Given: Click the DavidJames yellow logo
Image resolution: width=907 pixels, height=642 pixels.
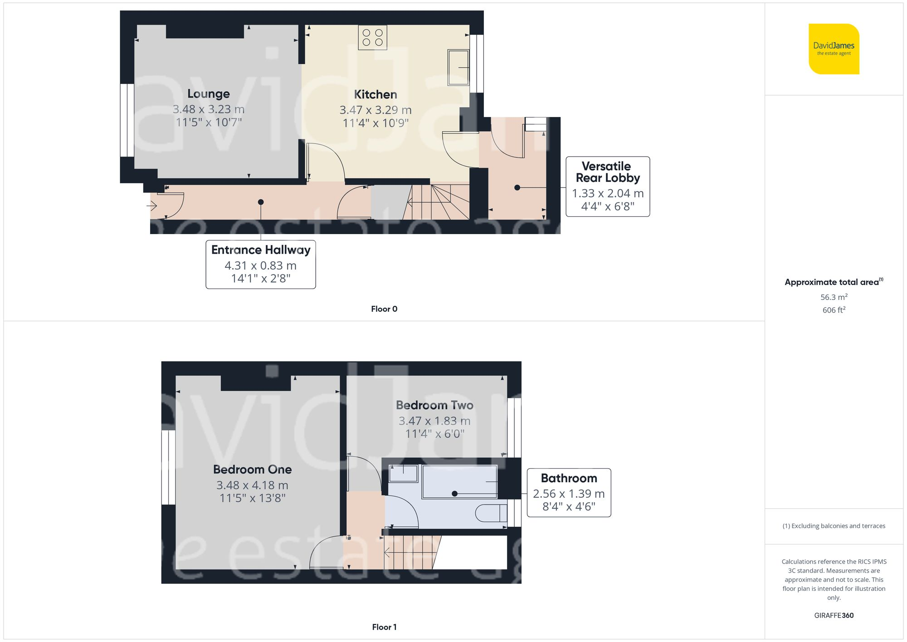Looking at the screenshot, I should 834,49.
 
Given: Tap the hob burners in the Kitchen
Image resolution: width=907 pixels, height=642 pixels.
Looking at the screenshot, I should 372,38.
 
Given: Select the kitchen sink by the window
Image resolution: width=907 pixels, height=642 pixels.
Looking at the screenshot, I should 458,68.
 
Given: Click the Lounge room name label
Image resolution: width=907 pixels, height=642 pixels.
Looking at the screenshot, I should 209,94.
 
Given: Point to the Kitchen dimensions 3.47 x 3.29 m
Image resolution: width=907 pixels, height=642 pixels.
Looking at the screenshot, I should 375,110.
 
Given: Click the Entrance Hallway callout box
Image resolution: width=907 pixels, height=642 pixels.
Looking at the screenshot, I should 261,264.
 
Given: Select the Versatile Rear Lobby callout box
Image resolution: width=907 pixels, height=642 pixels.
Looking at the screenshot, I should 608,186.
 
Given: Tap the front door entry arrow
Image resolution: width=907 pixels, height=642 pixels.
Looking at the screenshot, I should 152,206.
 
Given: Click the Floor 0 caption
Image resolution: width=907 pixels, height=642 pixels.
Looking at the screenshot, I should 384,309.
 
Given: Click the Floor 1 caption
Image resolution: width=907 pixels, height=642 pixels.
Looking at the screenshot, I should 384,627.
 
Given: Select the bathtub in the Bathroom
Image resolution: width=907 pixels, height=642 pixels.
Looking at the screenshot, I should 460,481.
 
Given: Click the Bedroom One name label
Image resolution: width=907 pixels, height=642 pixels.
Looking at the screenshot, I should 253,470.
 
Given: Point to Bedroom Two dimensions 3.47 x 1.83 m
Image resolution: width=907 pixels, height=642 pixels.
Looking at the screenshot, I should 434,421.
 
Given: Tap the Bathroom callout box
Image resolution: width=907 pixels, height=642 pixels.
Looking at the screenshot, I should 569,493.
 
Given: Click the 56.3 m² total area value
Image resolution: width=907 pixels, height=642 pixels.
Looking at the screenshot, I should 834,297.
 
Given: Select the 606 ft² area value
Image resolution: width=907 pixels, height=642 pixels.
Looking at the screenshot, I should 834,310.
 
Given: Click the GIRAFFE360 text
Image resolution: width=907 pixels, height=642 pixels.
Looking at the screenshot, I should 834,616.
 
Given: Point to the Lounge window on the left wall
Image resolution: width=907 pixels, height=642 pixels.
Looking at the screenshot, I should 127,120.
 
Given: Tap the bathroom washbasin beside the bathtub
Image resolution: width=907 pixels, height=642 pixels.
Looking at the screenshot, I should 403,474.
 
